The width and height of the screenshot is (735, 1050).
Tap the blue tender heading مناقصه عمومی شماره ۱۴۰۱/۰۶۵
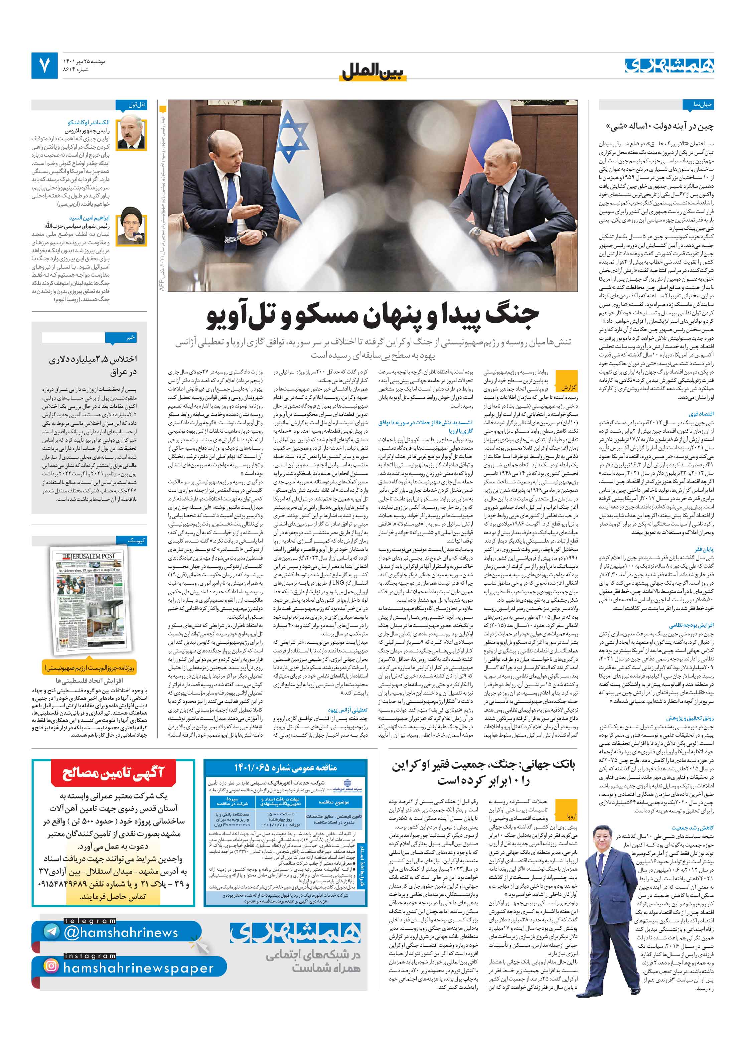click(x=285, y=767)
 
